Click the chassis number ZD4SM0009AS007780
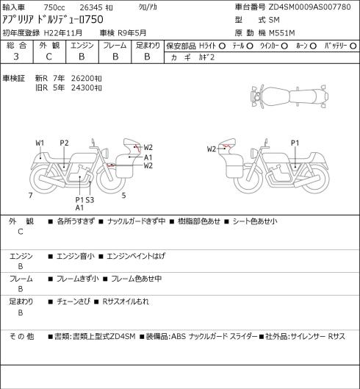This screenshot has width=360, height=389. (309, 7)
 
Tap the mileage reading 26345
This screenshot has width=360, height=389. (90, 7)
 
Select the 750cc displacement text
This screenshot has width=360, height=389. (54, 7)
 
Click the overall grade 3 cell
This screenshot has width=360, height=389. (16, 57)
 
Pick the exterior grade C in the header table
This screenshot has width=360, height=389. (48, 57)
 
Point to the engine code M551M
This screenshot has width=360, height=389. (282, 33)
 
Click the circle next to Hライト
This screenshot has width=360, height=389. (222, 46)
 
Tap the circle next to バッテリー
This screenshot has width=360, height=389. (353, 46)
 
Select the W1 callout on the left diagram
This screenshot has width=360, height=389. (40, 143)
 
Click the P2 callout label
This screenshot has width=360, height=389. (64, 143)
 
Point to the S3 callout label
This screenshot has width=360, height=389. (90, 200)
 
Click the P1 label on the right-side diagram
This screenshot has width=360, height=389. (295, 143)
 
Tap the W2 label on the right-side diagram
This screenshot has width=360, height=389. (212, 149)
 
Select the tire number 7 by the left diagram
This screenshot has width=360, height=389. (31, 196)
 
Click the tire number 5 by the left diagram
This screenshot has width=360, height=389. (123, 196)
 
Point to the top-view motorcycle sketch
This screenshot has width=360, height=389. (289, 96)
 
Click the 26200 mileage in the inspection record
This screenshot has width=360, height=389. (82, 79)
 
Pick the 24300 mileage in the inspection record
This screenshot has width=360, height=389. (82, 88)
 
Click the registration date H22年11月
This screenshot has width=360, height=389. (63, 33)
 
